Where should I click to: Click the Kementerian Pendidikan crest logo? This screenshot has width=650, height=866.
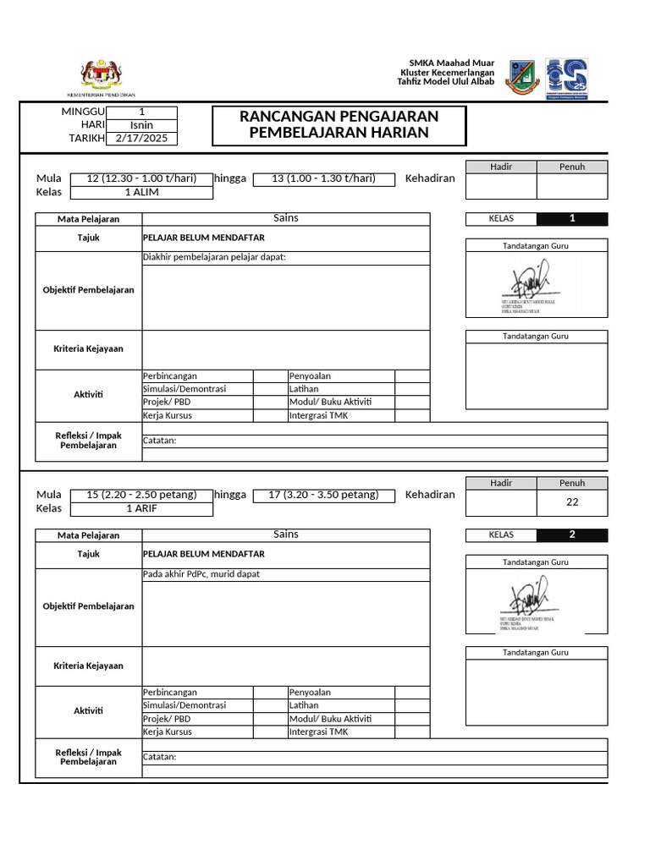[x=101, y=74]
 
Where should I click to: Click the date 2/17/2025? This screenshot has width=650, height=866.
[x=142, y=139]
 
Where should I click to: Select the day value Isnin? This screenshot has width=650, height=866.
[x=142, y=125]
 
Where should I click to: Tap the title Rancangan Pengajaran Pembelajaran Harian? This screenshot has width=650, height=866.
[x=339, y=124]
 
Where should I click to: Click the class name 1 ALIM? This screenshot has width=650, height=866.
[x=142, y=192]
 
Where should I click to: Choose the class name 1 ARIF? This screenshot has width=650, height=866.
[x=142, y=508]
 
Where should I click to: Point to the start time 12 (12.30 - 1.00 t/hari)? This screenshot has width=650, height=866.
[x=142, y=178]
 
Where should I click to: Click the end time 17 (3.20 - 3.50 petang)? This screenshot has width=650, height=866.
[x=323, y=495]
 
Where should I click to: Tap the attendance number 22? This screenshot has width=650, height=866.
[x=571, y=502]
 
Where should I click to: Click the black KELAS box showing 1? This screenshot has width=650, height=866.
[x=572, y=219]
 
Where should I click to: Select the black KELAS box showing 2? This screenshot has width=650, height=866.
[x=572, y=534]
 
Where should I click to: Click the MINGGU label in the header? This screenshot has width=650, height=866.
[x=83, y=112]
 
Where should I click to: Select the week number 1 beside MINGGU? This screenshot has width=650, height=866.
[x=142, y=112]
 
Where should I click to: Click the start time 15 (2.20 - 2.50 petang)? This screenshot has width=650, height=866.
[x=142, y=495]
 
